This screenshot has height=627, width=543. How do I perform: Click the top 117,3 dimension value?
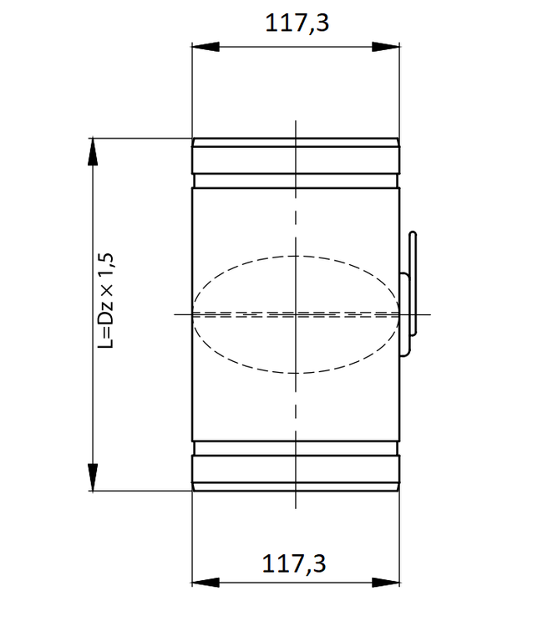point(297,23)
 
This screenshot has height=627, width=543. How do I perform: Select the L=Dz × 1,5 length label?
point(106,302)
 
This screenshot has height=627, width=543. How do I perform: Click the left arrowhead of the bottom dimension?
point(200,582)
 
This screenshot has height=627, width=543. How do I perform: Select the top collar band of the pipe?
point(297,160)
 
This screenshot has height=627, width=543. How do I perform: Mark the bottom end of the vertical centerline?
point(296,507)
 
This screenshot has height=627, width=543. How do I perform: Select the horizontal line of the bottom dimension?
point(251,582)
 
